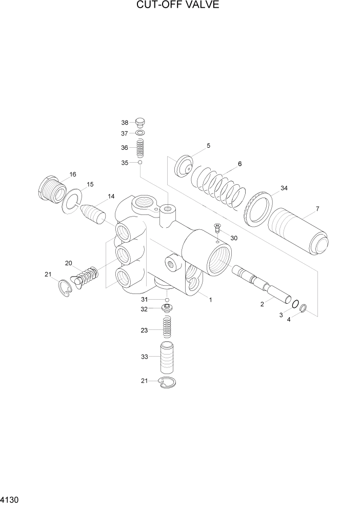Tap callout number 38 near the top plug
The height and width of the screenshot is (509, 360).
pos(125,123)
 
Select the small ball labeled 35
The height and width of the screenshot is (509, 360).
pos(139,163)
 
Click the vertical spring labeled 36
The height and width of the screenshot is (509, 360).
pos(140,148)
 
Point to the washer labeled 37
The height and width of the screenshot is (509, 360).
pos(140,133)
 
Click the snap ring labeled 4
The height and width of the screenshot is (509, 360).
pos(304,308)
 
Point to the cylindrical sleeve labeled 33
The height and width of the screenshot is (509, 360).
pos(167,358)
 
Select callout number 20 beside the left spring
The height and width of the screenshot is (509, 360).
pos(68,263)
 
